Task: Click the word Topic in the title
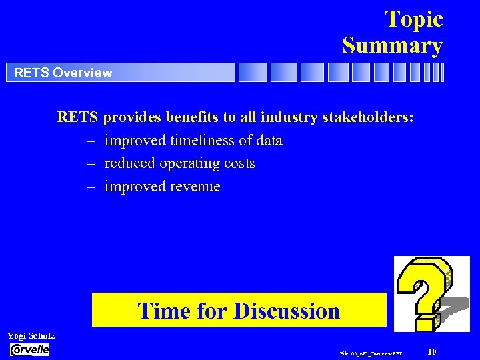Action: tap(413, 19)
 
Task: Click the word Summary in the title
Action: tap(393, 45)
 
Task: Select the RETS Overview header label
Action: tap(63, 73)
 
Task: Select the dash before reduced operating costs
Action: tap(90, 163)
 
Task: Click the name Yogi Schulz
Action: tap(31, 336)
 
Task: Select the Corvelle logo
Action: tap(30, 349)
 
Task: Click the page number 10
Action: tap(431, 351)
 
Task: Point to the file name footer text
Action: tap(371, 353)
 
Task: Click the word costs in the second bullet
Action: tap(239, 163)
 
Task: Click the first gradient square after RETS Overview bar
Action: tap(253, 72)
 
